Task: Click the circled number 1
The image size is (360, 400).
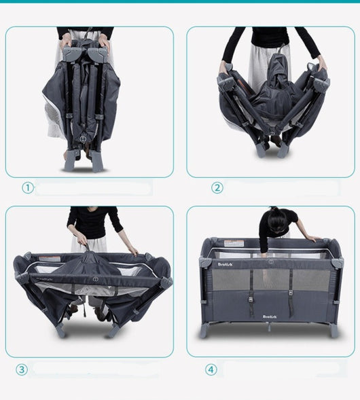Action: click(27, 188)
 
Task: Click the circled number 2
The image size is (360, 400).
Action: click(217, 188)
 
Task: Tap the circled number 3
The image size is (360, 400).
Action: click(22, 369)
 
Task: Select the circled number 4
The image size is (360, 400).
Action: click(211, 369)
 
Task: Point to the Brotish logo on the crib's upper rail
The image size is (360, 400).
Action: click(226, 263)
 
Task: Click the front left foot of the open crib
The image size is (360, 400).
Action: click(203, 331)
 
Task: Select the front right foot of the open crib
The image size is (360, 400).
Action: click(334, 331)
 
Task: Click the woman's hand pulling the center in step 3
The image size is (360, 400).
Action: click(82, 240)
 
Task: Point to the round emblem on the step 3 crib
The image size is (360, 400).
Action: click(93, 278)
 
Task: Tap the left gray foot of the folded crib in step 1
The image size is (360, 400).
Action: click(72, 163)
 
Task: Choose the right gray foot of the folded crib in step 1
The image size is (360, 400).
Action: click(98, 163)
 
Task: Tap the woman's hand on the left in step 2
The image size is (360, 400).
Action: click(224, 67)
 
